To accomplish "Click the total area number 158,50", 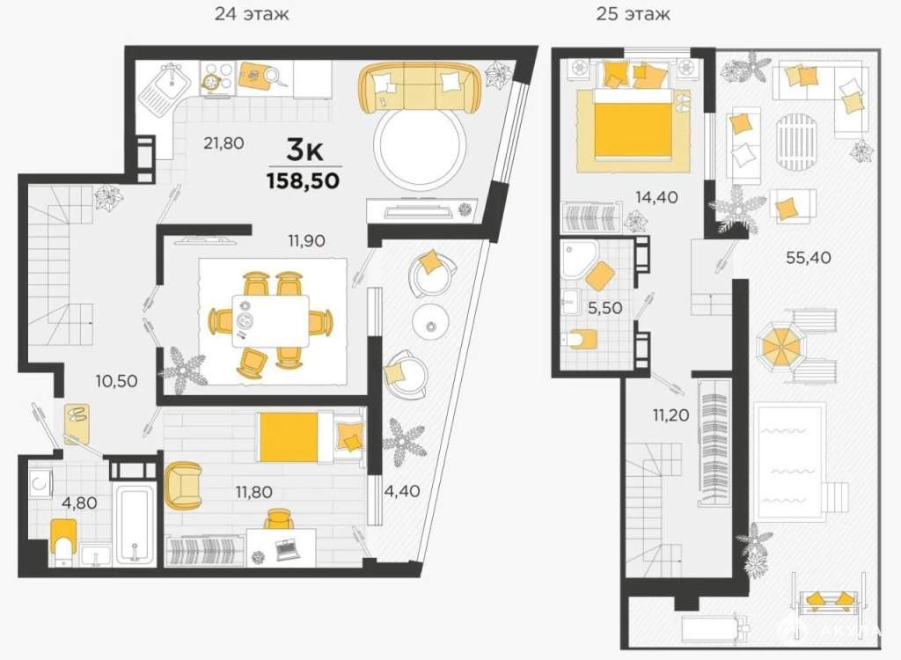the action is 303,181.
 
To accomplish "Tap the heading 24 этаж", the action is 252,13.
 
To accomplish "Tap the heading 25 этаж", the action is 633,13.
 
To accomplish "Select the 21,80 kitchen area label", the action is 223,143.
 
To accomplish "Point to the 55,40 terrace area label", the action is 809,258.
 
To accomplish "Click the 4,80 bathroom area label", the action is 79,502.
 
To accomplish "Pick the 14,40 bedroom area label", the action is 656,197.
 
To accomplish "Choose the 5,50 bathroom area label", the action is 605,308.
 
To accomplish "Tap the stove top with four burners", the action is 218,77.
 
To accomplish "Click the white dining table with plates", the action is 271,321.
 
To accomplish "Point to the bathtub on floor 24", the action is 135,524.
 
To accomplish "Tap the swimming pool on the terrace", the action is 790,462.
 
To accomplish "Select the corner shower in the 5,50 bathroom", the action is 580,259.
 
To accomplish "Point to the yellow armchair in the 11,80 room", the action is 183,487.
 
